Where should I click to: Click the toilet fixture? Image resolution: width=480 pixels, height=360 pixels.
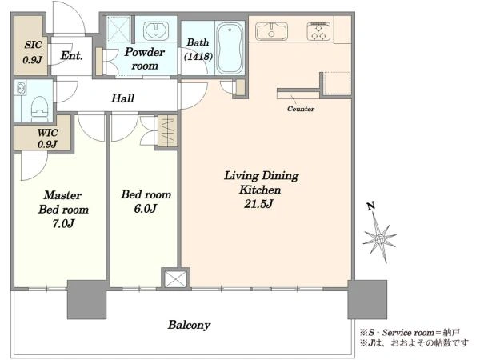click(x=39, y=108)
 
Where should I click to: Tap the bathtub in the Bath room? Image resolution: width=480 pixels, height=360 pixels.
click(x=230, y=48)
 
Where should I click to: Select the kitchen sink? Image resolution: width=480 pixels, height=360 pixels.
click(x=271, y=31)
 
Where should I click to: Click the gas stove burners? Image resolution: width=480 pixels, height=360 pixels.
click(x=318, y=31)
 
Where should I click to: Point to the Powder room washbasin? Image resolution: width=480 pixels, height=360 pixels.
click(x=156, y=30)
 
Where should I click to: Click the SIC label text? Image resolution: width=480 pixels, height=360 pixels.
click(x=33, y=45)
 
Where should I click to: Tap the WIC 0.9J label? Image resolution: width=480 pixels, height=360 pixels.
click(x=48, y=138)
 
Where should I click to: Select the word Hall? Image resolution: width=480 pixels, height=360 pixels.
click(x=122, y=98)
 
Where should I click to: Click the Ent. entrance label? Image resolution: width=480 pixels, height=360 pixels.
click(x=72, y=55)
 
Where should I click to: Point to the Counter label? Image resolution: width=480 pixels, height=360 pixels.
click(x=301, y=109)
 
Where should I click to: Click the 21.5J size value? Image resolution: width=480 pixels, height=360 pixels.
click(x=258, y=204)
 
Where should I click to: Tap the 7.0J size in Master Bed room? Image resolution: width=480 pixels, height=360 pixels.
click(x=63, y=224)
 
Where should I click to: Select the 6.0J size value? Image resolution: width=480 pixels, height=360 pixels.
click(x=146, y=209)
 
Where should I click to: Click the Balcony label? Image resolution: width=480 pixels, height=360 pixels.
click(x=189, y=325)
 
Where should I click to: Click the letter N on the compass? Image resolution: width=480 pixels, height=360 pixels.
click(x=371, y=206)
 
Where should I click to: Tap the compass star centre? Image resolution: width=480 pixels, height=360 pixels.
click(x=380, y=238)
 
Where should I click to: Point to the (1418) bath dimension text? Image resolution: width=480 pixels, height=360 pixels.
click(x=198, y=56)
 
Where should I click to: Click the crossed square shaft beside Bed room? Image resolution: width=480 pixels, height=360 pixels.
click(x=175, y=278)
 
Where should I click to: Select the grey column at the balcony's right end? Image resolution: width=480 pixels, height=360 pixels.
click(x=367, y=299)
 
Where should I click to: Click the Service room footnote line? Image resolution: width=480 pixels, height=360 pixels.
click(x=410, y=333)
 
